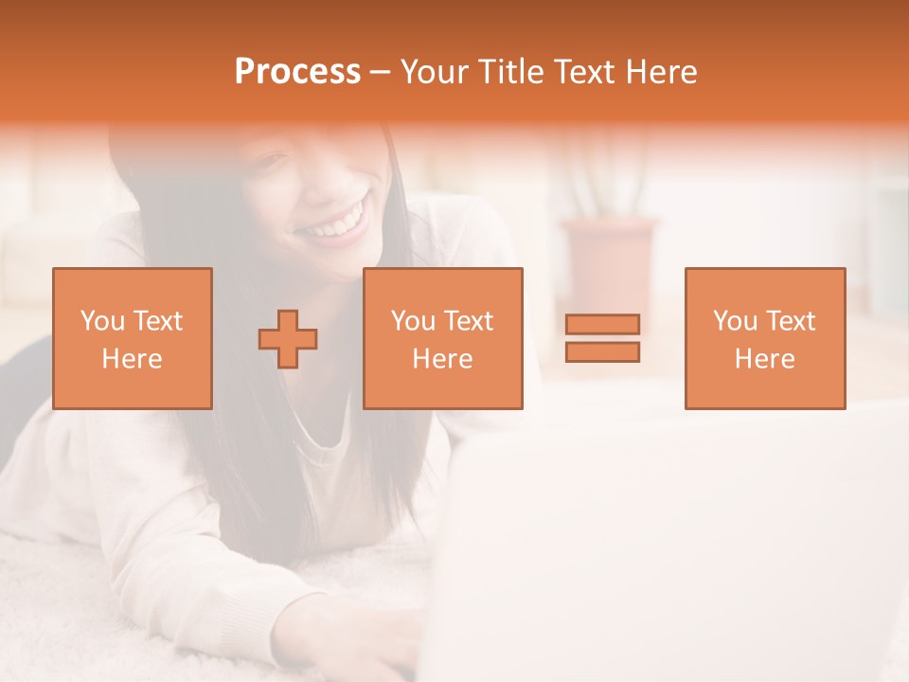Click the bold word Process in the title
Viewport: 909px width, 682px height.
(297, 72)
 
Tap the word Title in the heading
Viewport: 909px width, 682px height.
(508, 72)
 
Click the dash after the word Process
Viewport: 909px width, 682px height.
(381, 73)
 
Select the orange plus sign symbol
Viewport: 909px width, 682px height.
(288, 338)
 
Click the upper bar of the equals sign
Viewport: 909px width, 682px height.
(602, 324)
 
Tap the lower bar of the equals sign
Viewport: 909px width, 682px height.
(602, 351)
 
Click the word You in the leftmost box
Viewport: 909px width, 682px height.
(102, 321)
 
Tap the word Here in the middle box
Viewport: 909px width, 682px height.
(442, 359)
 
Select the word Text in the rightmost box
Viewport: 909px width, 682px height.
(792, 321)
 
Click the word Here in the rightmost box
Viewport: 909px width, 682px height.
(764, 359)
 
